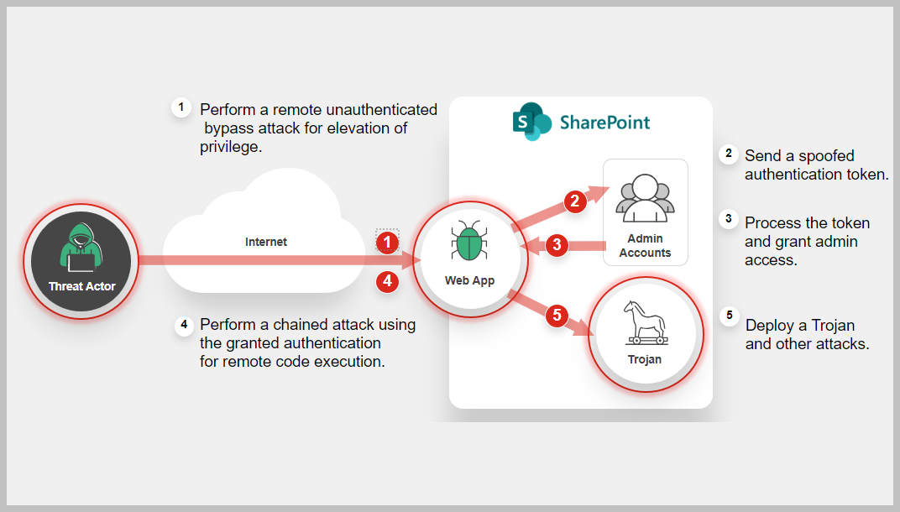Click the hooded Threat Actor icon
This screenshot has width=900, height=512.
click(x=81, y=248)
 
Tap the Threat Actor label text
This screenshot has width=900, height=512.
click(x=82, y=287)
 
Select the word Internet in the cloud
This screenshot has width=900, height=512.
click(x=266, y=242)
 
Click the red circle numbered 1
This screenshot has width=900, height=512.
click(x=387, y=243)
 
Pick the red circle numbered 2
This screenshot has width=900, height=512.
click(x=574, y=201)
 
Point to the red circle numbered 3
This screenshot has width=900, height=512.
click(x=556, y=246)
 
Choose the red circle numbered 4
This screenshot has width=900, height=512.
click(x=387, y=282)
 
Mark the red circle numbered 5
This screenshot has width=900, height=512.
click(x=556, y=316)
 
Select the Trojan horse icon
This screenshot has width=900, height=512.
click(x=645, y=323)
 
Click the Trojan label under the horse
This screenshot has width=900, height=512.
click(x=645, y=359)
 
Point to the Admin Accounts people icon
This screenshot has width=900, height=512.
click(x=645, y=198)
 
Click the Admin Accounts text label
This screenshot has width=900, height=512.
click(x=645, y=246)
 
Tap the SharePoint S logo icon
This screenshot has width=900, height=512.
click(x=531, y=122)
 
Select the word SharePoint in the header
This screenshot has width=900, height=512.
click(x=604, y=123)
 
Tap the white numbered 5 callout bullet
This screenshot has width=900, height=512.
click(x=729, y=316)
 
